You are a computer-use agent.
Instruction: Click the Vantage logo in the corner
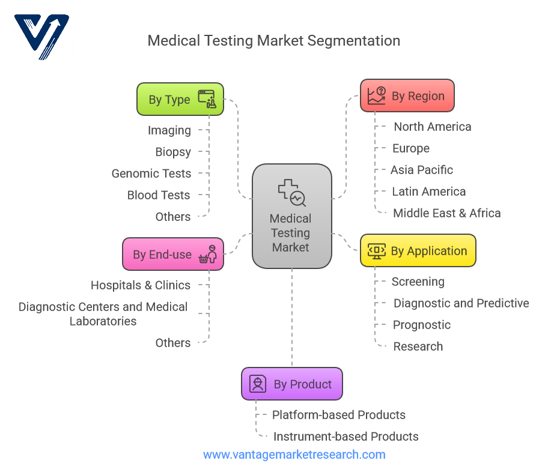tap(42, 37)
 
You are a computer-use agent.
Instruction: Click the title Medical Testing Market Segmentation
tap(273, 41)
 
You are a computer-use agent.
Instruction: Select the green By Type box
tap(180, 99)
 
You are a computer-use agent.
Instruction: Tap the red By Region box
tap(407, 95)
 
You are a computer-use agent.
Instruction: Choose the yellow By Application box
tap(418, 250)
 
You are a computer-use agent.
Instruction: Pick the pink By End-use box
tap(173, 254)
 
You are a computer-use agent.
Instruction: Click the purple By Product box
tap(292, 384)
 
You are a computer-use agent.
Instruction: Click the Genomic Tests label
tap(151, 174)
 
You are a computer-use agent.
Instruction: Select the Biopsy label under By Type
tap(173, 152)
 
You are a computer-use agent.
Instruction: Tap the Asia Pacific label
tap(422, 170)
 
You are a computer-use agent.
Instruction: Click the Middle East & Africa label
tap(446, 213)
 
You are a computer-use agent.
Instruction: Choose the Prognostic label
tap(422, 325)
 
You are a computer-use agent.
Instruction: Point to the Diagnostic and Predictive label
tap(461, 303)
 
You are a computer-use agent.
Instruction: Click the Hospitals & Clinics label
tap(141, 285)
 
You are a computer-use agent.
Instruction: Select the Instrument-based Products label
tap(346, 437)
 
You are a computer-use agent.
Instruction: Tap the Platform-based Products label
tap(339, 415)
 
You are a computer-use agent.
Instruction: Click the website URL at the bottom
tap(294, 455)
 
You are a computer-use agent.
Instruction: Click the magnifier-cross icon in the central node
tap(291, 192)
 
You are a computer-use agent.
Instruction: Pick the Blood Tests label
tap(159, 195)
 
